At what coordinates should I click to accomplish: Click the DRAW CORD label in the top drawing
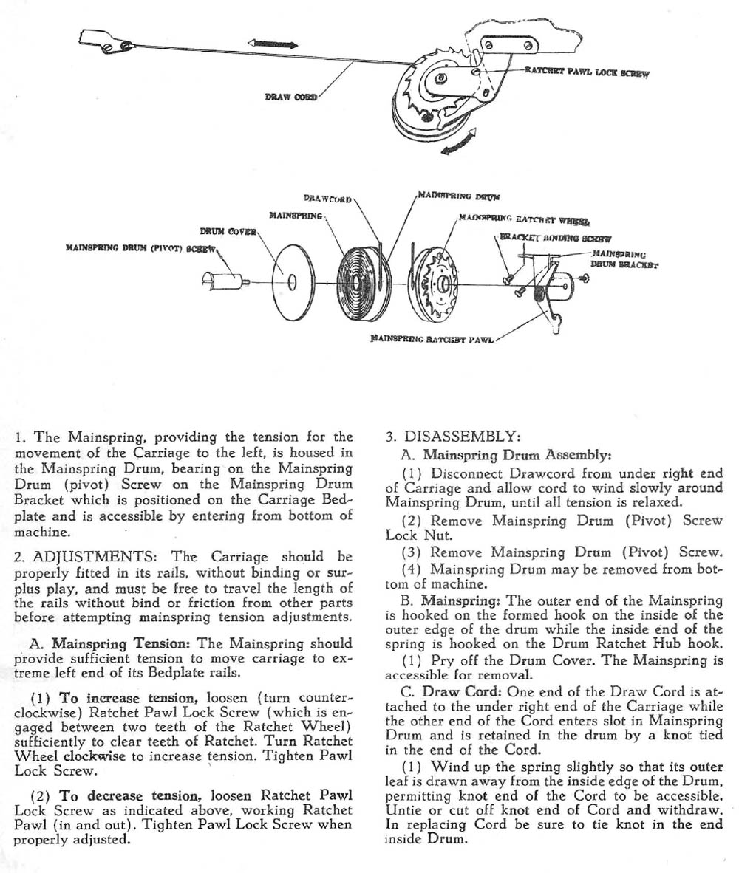coord(291,97)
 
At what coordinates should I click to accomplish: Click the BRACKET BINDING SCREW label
coord(555,238)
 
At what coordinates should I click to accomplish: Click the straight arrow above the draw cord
coord(274,44)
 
